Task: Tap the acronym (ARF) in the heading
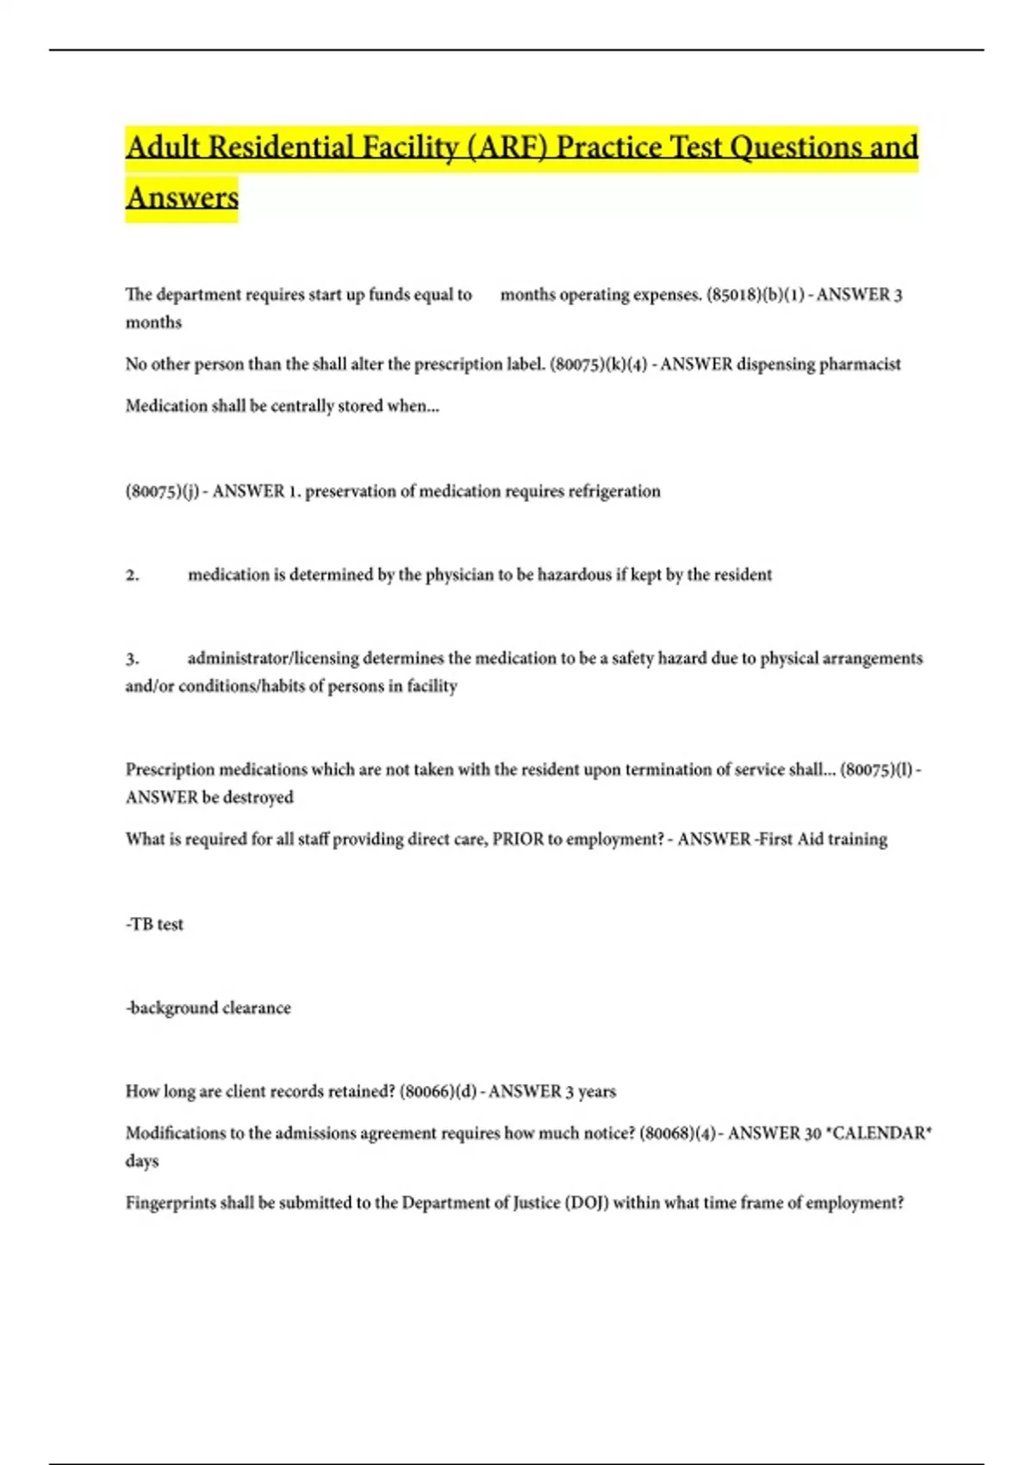tap(500, 147)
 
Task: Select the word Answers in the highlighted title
tap(182, 197)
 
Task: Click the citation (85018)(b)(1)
tap(756, 295)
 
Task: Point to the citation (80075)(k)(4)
tap(598, 365)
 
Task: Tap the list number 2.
tap(132, 575)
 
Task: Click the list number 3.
tap(132, 658)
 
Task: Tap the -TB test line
tap(155, 925)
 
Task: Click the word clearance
tap(257, 1008)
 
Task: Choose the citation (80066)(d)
tap(438, 1092)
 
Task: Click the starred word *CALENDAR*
tap(879, 1133)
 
